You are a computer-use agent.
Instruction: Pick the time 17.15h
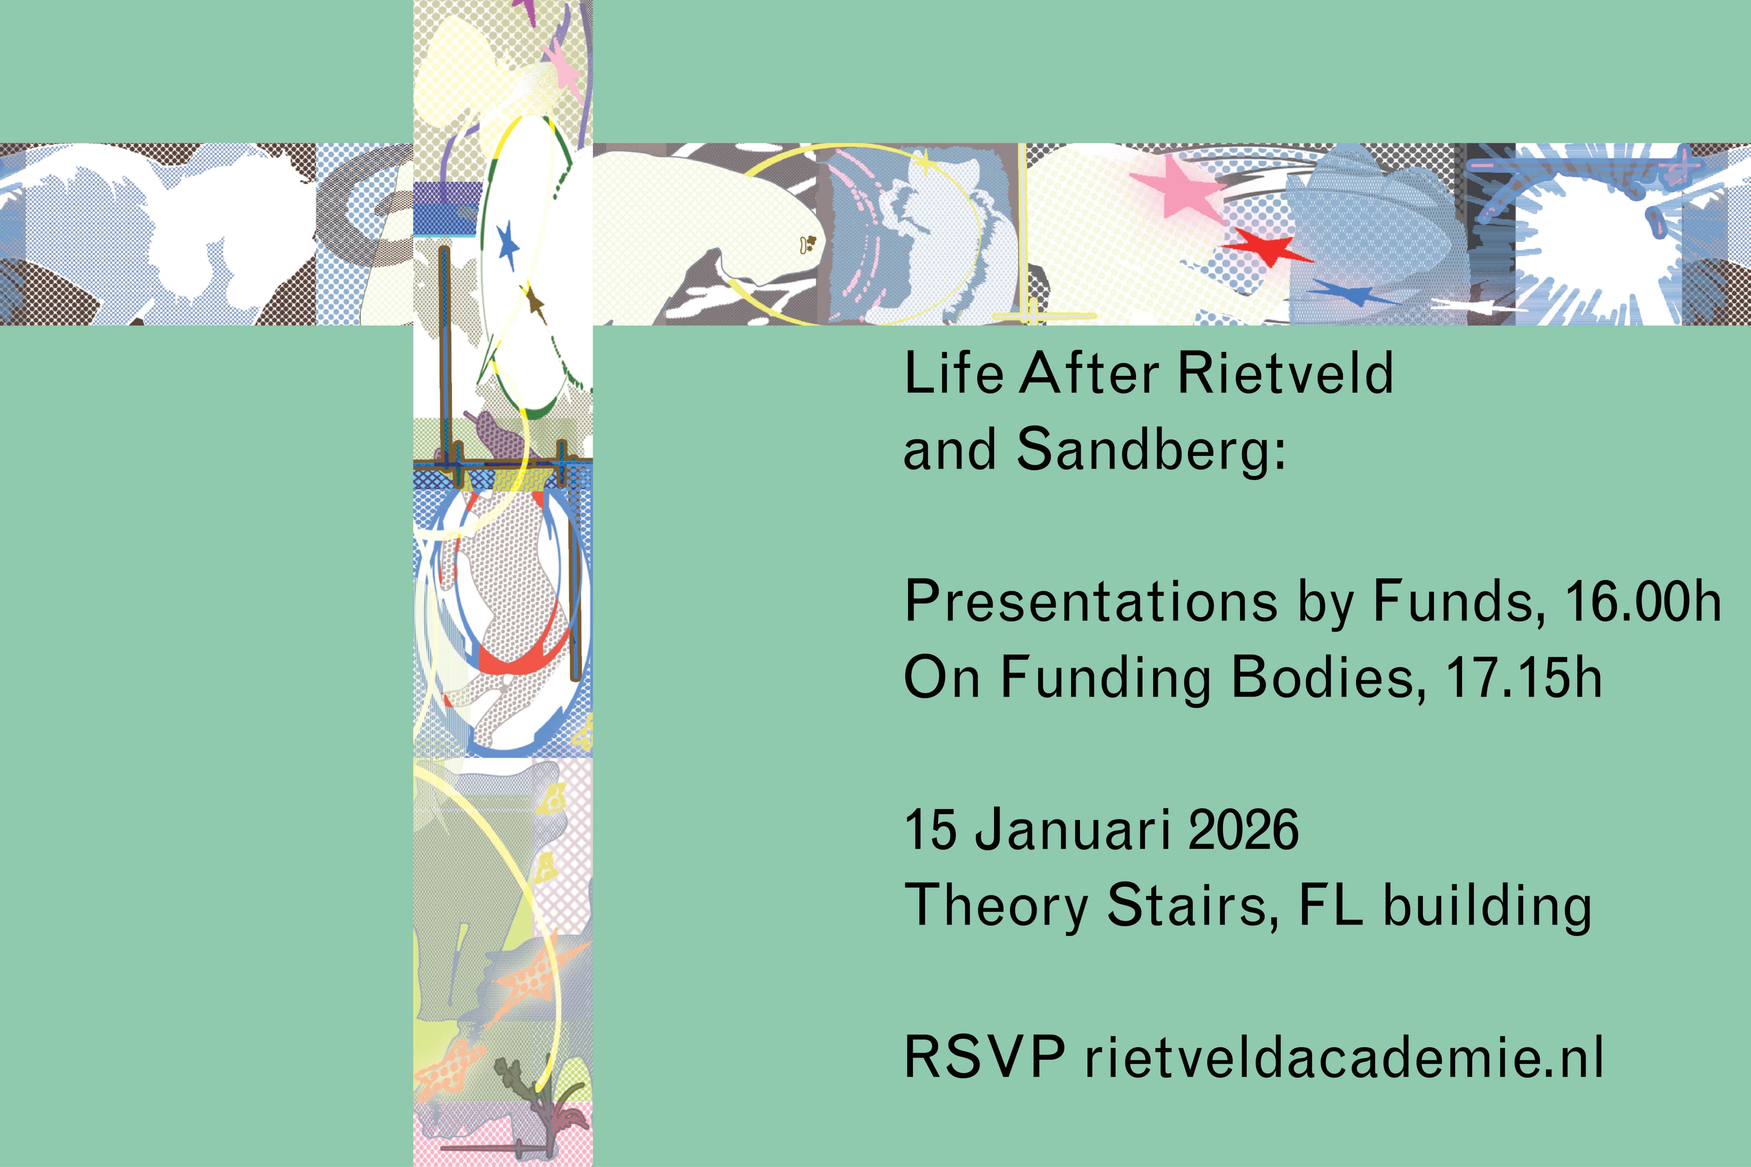point(1523,677)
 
